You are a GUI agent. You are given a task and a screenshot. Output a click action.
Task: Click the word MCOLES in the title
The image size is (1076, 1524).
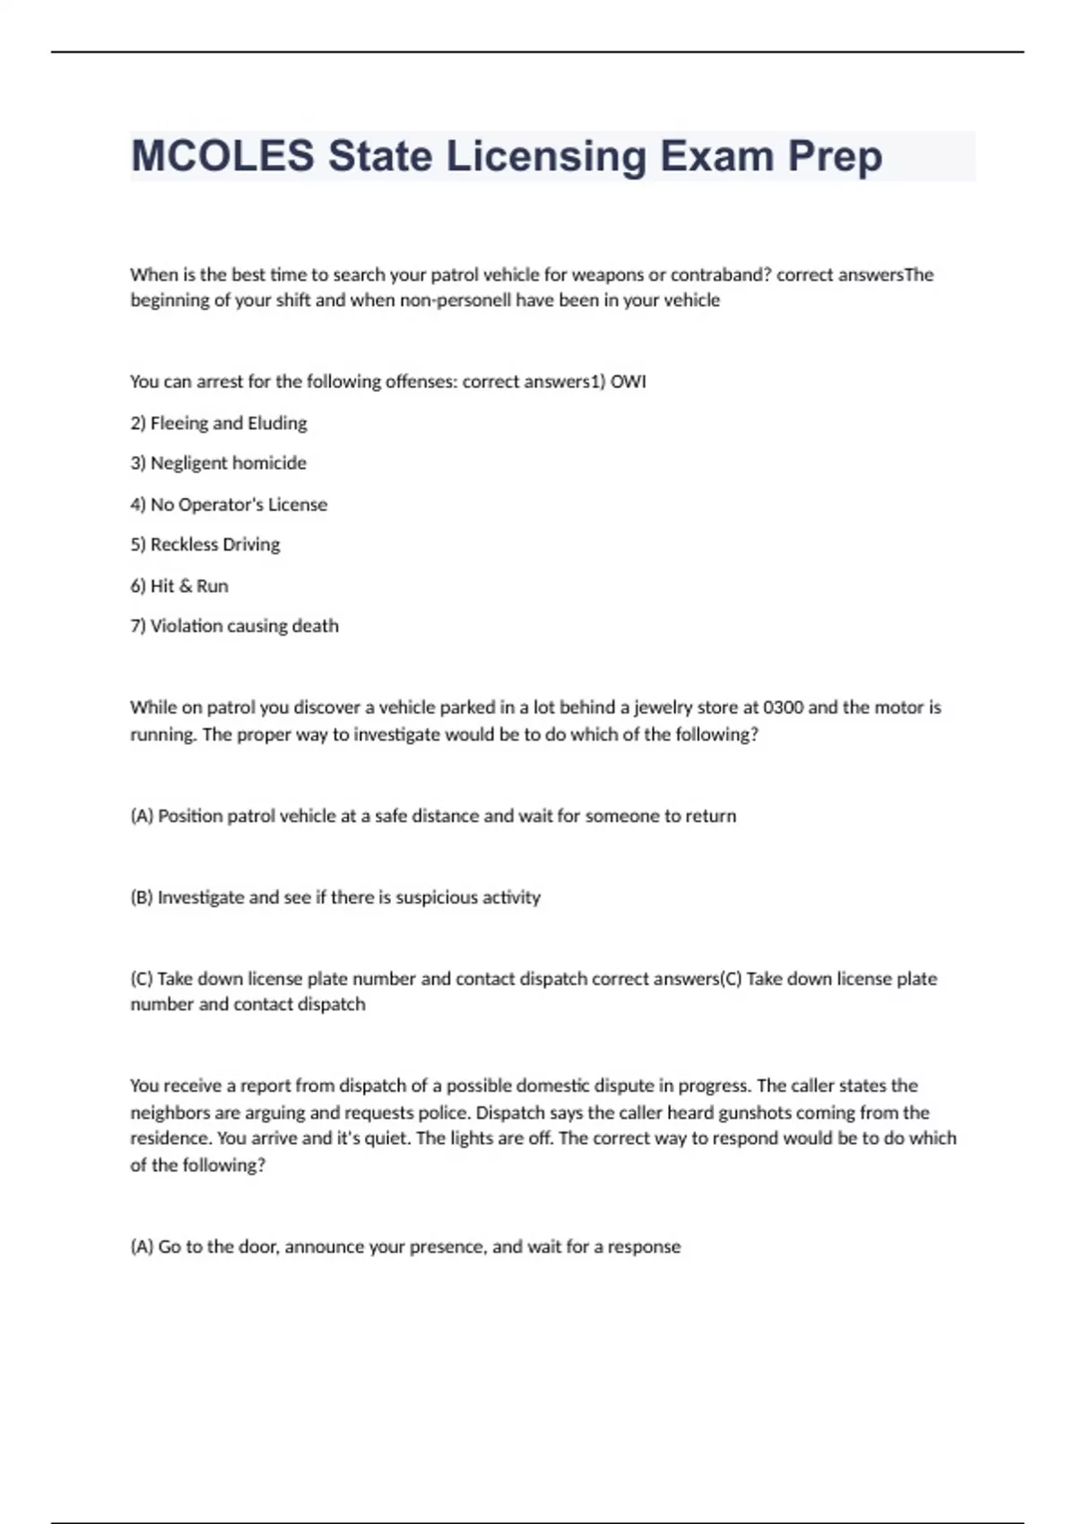[222, 156]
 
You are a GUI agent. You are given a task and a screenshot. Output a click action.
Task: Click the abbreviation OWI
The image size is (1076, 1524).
[628, 382]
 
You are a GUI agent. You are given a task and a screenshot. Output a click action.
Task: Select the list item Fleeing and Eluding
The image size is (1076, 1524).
[219, 423]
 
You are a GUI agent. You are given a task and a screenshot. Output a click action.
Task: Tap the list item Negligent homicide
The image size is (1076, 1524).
[219, 463]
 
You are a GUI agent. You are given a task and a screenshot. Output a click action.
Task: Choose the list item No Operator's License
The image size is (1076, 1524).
[229, 505]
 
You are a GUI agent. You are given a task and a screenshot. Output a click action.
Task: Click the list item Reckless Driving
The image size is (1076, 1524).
[205, 545]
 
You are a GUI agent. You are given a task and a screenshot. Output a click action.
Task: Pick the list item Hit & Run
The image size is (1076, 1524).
[179, 586]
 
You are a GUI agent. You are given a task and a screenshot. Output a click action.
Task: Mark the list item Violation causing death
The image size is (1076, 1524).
[234, 627]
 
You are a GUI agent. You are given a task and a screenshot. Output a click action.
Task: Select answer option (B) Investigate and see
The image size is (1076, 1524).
[335, 897]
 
